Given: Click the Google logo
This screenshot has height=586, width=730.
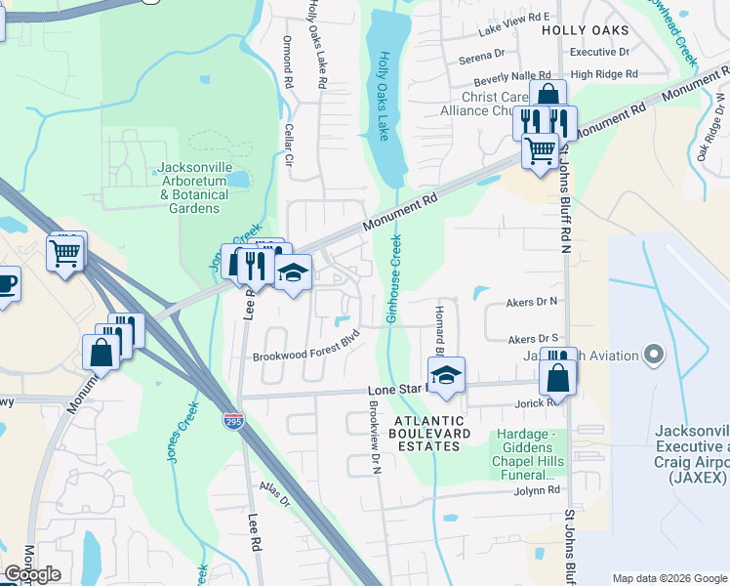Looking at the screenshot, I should click(32, 574).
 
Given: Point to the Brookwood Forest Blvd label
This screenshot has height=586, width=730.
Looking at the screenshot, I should click(306, 357).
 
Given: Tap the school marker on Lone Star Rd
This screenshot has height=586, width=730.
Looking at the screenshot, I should click(446, 375).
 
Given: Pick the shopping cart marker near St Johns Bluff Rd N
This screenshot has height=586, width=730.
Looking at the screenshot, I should click(540, 150).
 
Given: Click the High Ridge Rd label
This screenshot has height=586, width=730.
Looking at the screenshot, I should click(603, 73).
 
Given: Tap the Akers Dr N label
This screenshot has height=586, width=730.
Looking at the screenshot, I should click(531, 303).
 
